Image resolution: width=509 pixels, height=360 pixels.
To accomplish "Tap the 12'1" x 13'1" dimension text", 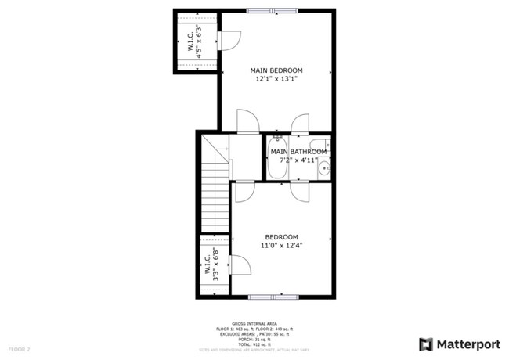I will tap(276, 80).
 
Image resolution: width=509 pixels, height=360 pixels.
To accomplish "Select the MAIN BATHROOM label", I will tap(298, 151).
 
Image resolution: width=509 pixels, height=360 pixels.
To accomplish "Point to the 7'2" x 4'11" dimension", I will tap(298, 160).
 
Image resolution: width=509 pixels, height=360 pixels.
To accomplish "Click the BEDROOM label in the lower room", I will tap(281, 237).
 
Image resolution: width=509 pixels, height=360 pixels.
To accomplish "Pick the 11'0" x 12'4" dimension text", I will tap(281, 246).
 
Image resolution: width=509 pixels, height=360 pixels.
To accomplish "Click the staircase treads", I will tap(214, 196).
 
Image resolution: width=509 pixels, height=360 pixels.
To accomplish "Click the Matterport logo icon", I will tap(425, 344).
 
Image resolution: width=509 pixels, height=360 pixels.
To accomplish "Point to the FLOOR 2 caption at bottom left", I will tap(19, 348).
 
